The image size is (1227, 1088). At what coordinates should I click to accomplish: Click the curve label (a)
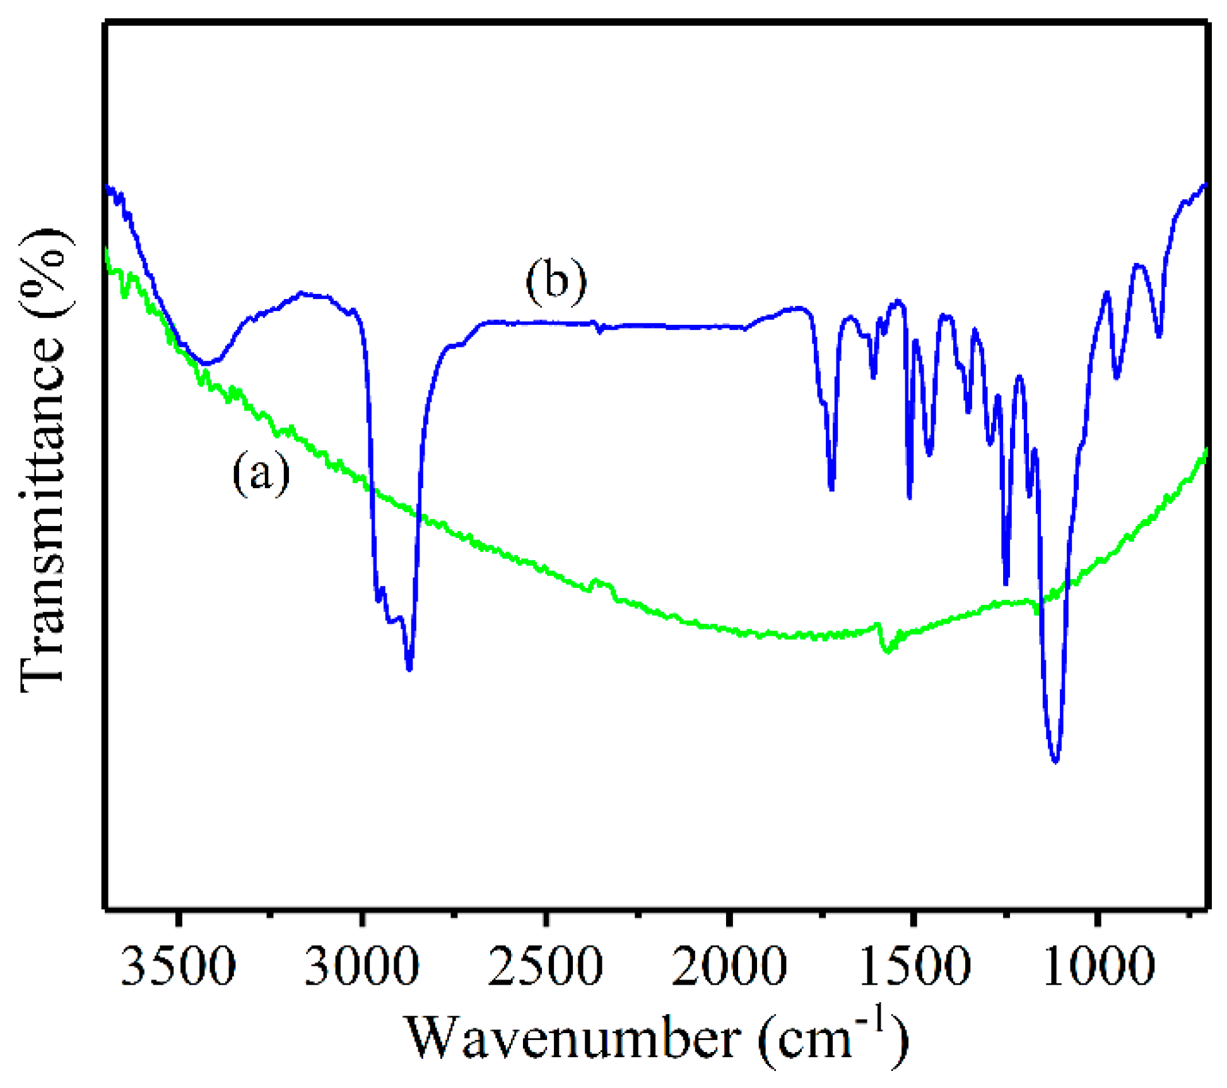coord(261,474)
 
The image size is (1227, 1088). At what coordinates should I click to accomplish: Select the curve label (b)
coord(556,281)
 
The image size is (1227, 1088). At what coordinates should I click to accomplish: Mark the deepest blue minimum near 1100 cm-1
coord(1055,761)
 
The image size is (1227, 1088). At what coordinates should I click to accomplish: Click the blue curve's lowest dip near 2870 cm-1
coord(409,669)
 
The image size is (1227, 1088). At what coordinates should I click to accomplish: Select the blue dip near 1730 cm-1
coord(831,489)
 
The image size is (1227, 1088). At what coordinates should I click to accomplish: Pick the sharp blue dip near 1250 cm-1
coord(1006,583)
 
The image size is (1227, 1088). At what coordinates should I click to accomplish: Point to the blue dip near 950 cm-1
coord(1117,377)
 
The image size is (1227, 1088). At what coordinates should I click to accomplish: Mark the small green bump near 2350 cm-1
coord(596,581)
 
